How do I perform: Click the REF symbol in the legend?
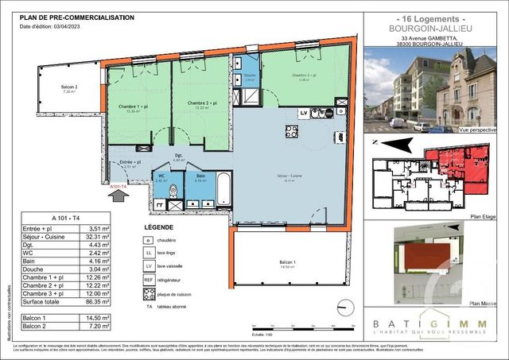(x=148, y=281)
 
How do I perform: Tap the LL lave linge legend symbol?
(x=148, y=254)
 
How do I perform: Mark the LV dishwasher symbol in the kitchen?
(x=304, y=113)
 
